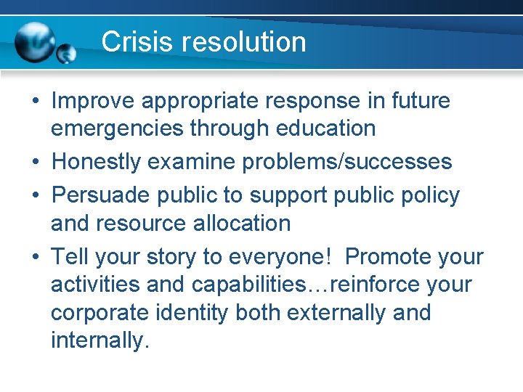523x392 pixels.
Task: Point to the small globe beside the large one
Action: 66,54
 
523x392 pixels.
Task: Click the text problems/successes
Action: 347,162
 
